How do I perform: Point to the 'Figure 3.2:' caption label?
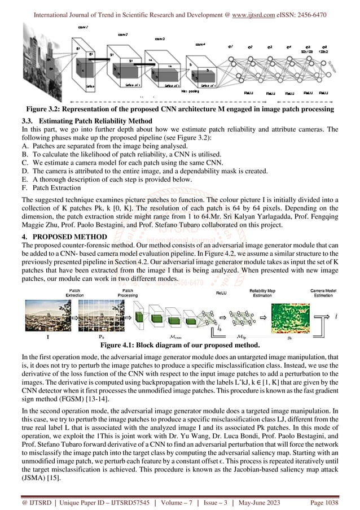click(x=50, y=109)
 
